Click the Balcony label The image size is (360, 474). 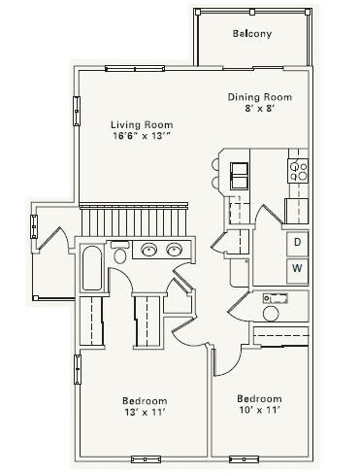tap(252, 34)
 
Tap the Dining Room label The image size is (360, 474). tap(260, 97)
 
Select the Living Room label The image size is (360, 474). tap(142, 124)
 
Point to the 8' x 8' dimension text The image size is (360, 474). tap(260, 109)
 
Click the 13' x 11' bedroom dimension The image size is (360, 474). tap(145, 412)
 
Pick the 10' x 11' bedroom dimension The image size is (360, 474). tap(259, 410)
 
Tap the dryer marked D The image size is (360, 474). tap(297, 243)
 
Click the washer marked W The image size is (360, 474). tap(297, 270)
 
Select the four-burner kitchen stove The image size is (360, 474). tap(298, 171)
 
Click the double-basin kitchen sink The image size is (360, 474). tap(239, 176)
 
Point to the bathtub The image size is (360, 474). tap(92, 268)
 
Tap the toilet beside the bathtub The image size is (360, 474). tap(120, 253)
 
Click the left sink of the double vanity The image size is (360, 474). tap(149, 250)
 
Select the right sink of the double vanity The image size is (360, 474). tap(175, 250)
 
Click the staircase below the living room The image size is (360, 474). tap(134, 220)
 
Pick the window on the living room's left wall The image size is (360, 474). tap(77, 111)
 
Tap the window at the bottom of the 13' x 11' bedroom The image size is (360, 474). tap(146, 459)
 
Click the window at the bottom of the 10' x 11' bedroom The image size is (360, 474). tap(244, 459)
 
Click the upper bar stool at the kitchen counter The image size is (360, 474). tap(215, 164)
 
